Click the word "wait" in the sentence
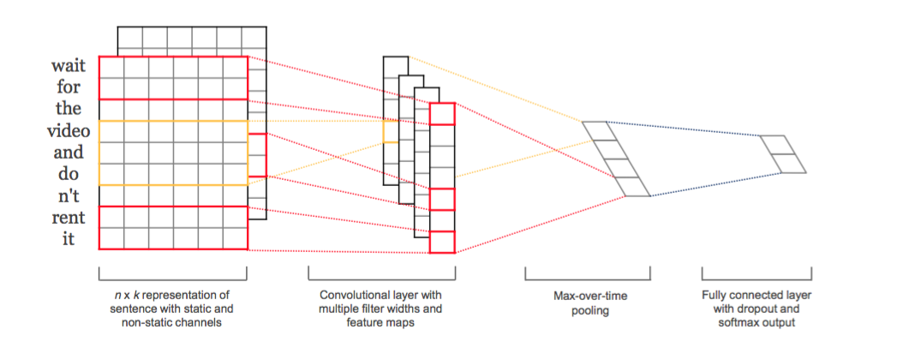[x=69, y=65]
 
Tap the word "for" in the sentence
[x=69, y=87]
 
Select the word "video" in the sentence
[x=68, y=130]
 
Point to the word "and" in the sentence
[x=69, y=153]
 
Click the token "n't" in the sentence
[x=69, y=195]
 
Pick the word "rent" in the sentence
[x=69, y=218]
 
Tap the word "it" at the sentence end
[x=69, y=239]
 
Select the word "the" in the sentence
[x=69, y=109]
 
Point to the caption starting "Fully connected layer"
[x=756, y=303]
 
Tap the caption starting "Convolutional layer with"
[x=381, y=309]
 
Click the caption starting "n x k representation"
[x=172, y=309]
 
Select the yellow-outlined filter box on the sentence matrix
[x=173, y=153]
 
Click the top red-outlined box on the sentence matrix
[x=173, y=77]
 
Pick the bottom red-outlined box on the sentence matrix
[x=173, y=228]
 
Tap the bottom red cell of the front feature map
[x=442, y=242]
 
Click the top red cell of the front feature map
[x=442, y=114]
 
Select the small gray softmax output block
[x=782, y=154]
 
